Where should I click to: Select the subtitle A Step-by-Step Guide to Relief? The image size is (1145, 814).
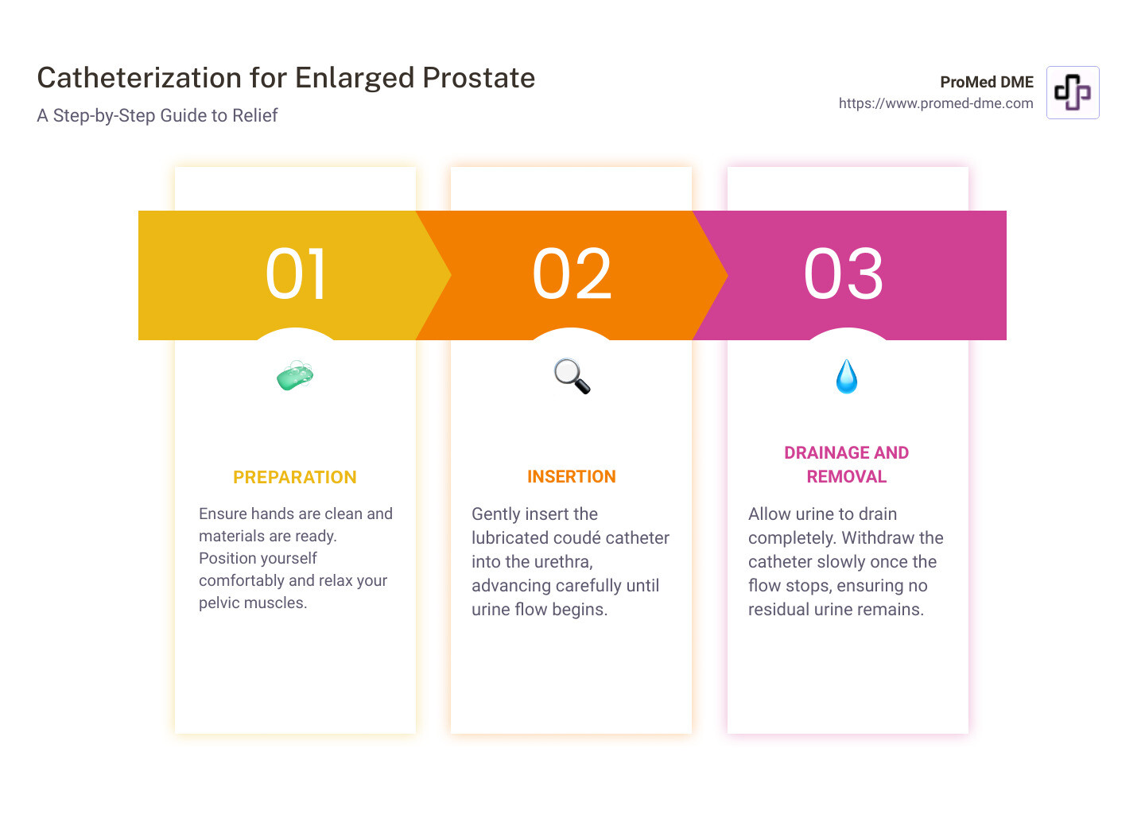coord(157,116)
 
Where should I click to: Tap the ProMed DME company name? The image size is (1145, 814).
coord(986,82)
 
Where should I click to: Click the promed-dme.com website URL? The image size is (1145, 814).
coord(936,103)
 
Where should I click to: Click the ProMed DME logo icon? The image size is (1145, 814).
coord(1072,93)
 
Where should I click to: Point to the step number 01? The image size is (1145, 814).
coord(296,274)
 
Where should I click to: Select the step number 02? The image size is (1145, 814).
coord(572,274)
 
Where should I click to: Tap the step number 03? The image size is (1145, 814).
coord(844,274)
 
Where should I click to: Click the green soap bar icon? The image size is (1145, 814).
coord(295,376)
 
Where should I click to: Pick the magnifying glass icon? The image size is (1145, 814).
coord(572,376)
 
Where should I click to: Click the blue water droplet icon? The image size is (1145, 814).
coord(847,377)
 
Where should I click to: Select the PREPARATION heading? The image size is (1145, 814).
coord(294,477)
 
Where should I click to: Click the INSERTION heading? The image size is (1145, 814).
coord(571,477)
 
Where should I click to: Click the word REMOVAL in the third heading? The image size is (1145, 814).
coord(846,477)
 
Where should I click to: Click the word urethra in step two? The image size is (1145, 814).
coord(561,562)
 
